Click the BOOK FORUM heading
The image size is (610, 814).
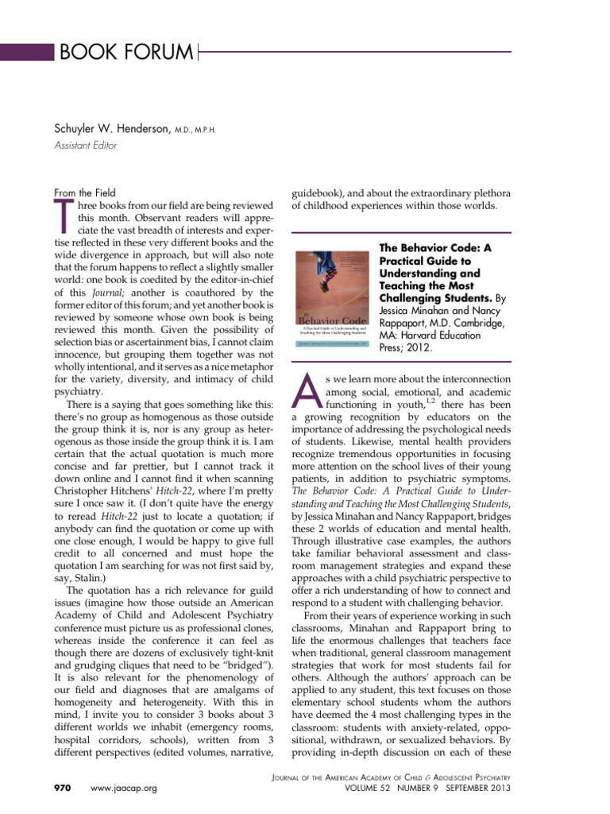pos(125,53)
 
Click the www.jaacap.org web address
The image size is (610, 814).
pos(125,788)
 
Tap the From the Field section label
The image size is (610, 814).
pos(84,192)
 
